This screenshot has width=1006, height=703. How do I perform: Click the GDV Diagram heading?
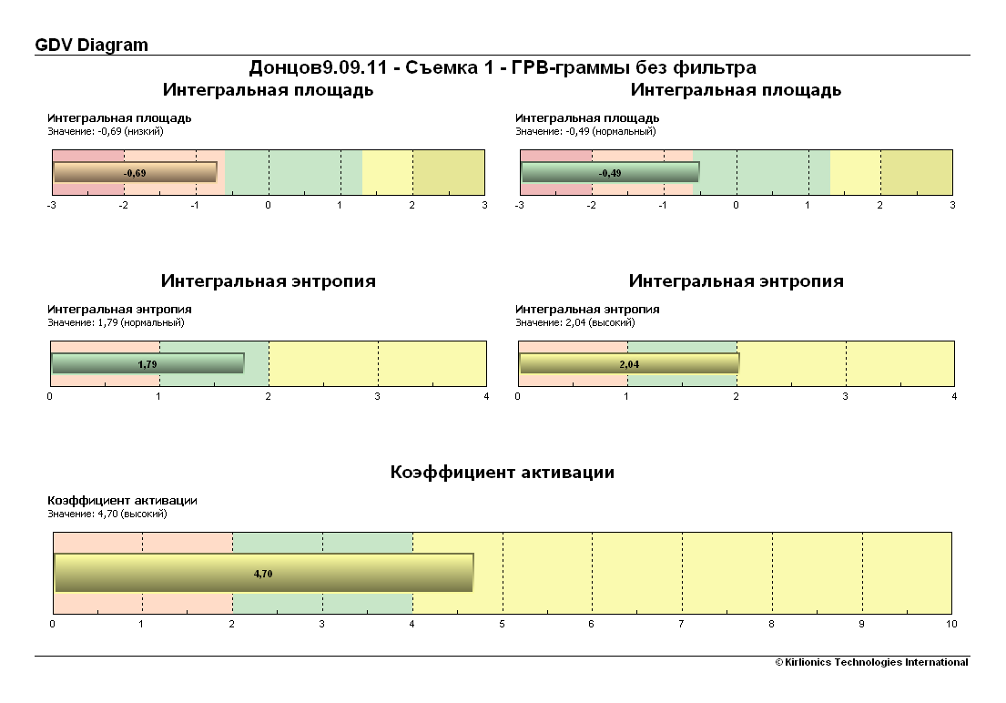click(x=91, y=45)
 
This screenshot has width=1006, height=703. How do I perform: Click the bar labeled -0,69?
click(x=135, y=172)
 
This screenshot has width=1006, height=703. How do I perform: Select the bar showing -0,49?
click(x=609, y=172)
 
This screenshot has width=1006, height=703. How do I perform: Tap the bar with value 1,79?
click(x=147, y=363)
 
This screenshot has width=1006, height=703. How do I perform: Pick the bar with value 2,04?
click(x=628, y=363)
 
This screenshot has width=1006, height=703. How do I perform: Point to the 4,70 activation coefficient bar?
click(x=263, y=573)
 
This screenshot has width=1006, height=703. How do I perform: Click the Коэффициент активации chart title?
click(x=503, y=472)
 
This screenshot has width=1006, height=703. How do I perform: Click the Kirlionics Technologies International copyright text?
click(x=871, y=662)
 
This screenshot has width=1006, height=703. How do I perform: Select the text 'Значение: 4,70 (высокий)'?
click(x=107, y=514)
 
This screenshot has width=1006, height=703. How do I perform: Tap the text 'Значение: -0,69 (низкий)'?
click(x=106, y=131)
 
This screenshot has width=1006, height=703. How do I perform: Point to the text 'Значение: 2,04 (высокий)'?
click(x=575, y=322)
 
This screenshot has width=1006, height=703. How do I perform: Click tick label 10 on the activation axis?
click(x=951, y=624)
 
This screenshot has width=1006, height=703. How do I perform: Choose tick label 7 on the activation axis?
click(x=682, y=624)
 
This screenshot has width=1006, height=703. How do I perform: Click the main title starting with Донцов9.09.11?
click(x=503, y=67)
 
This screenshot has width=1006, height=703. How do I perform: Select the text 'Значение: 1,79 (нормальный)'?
click(x=116, y=322)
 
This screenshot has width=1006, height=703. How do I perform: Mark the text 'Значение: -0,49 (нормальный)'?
click(x=585, y=131)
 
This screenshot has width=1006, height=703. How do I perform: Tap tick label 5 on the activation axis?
click(x=503, y=624)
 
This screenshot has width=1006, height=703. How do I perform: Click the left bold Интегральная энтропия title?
click(x=269, y=280)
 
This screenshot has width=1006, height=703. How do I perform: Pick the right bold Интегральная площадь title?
click(x=736, y=89)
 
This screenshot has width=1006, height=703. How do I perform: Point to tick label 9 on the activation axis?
click(x=862, y=624)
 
